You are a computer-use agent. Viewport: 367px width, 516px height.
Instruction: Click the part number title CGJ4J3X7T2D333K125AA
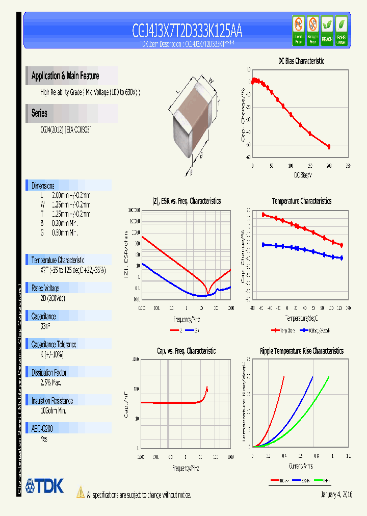(187, 32)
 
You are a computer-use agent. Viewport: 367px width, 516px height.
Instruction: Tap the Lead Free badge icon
(298, 30)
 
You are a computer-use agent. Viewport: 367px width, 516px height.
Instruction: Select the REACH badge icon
(327, 30)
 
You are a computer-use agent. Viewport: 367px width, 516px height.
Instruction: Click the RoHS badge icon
(341, 30)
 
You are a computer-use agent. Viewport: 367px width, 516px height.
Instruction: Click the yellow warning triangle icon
(80, 492)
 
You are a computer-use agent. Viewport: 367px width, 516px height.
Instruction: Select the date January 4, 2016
(336, 495)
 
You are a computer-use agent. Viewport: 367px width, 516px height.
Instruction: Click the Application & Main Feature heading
(65, 76)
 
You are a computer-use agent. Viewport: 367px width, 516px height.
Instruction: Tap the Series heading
(39, 113)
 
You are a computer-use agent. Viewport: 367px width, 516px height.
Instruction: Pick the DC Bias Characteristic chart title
(301, 61)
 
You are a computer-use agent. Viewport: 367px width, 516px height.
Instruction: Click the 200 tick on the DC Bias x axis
(329, 166)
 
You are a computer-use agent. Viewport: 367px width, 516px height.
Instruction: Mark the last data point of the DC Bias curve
(329, 147)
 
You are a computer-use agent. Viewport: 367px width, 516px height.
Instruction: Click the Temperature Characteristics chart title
(301, 201)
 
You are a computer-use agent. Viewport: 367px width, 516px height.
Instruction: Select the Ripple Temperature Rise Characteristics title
(301, 351)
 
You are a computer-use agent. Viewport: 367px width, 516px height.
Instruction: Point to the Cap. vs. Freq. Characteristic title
(186, 351)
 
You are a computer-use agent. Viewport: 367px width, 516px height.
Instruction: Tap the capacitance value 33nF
(45, 326)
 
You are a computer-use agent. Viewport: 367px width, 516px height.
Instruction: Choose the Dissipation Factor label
(49, 372)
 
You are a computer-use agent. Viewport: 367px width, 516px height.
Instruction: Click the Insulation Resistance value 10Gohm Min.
(53, 410)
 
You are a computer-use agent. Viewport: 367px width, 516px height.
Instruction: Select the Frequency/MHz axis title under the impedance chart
(185, 319)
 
